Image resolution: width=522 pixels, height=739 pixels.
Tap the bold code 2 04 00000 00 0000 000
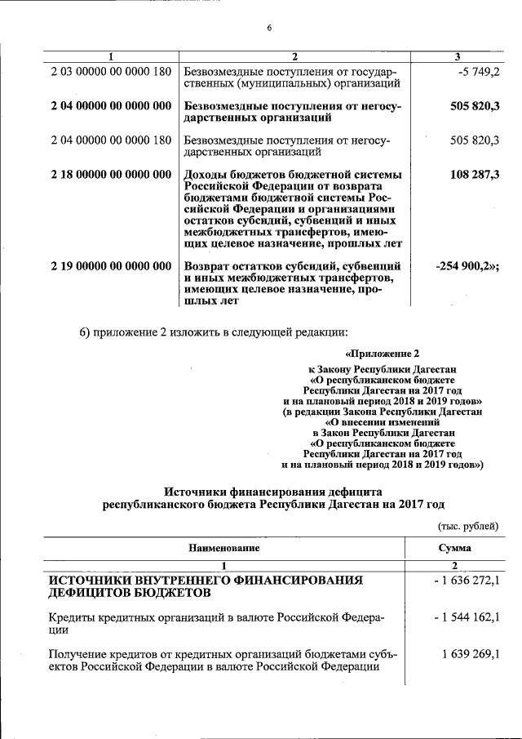111,106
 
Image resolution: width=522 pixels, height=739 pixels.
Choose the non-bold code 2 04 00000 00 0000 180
111,140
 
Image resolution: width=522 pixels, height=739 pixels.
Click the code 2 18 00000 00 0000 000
111,175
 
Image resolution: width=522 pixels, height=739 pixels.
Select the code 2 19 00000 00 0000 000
111,265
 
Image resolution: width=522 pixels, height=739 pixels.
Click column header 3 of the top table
457,56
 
